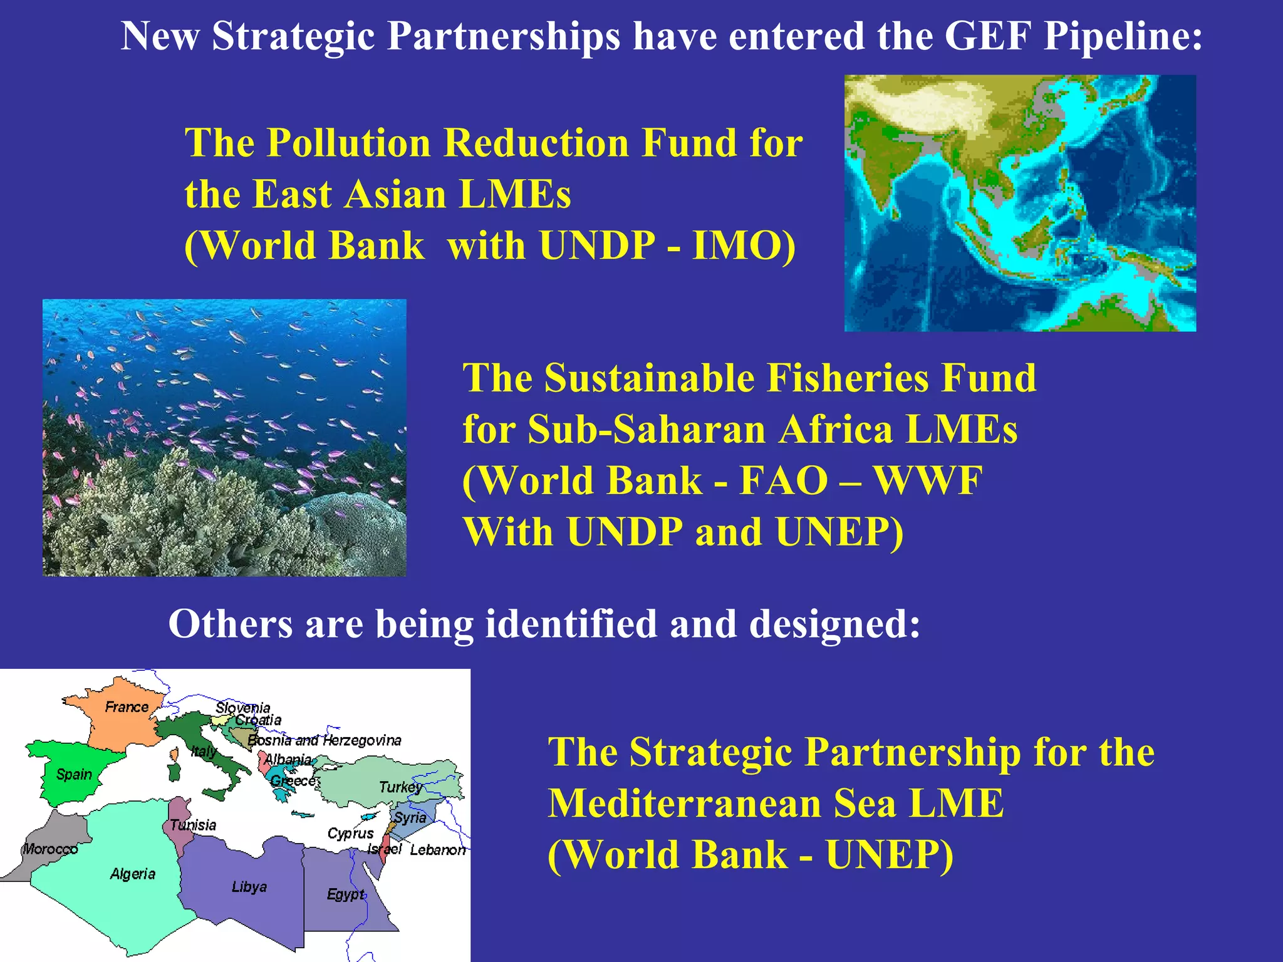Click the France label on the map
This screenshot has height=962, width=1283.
click(x=127, y=707)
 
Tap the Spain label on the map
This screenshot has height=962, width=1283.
click(x=74, y=775)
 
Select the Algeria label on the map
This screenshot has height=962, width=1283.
click(x=133, y=874)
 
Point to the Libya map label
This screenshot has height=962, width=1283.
click(x=249, y=887)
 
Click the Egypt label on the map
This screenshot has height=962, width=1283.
click(x=345, y=894)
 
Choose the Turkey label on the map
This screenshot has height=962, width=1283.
click(x=400, y=787)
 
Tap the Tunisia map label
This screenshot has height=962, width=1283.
click(x=194, y=825)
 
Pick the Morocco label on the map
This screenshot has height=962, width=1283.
click(x=50, y=849)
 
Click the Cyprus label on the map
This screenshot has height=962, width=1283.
click(x=350, y=834)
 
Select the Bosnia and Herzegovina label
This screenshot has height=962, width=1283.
click(x=325, y=740)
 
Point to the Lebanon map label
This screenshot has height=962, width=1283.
click(x=438, y=850)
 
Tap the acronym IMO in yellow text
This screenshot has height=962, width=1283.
click(x=744, y=246)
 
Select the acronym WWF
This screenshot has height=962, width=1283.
click(x=928, y=481)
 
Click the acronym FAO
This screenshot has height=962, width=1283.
click(x=784, y=481)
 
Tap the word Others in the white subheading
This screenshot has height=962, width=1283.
click(x=230, y=624)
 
